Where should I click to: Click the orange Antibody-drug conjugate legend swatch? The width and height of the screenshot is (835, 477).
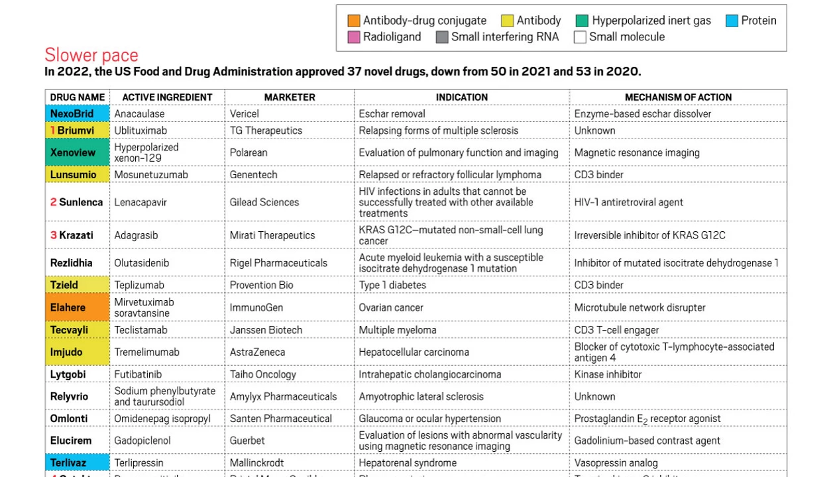[x=354, y=21]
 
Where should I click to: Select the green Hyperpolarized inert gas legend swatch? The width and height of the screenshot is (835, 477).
[x=583, y=21]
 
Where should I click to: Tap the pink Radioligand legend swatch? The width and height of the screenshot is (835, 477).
[x=354, y=37]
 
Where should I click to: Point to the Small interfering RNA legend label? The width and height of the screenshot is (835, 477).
[x=505, y=37]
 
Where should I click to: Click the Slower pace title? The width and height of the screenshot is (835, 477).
[x=91, y=55]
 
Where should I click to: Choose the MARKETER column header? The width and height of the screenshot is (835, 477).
[x=290, y=97]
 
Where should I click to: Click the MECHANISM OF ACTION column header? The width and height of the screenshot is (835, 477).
[x=678, y=97]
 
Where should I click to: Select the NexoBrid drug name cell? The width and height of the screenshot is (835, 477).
[x=78, y=114]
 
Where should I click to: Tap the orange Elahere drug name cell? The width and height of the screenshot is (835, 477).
[x=78, y=307]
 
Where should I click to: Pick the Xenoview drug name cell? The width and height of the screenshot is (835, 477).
[x=78, y=152]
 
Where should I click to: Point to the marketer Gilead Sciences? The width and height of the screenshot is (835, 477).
[x=264, y=202]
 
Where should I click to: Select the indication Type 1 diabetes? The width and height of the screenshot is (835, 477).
[x=392, y=286]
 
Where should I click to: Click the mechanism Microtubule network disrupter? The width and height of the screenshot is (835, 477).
[x=640, y=307]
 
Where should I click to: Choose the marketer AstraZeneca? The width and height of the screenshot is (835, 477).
[x=257, y=352]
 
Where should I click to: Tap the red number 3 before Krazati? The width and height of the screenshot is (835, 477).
[x=54, y=235]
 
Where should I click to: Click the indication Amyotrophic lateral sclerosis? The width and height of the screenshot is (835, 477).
[x=421, y=397]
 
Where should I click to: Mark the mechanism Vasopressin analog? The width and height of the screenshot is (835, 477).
[x=616, y=463]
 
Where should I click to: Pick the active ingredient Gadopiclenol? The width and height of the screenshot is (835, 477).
[x=142, y=441]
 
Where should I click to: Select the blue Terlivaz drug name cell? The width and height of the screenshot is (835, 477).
[x=78, y=463]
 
